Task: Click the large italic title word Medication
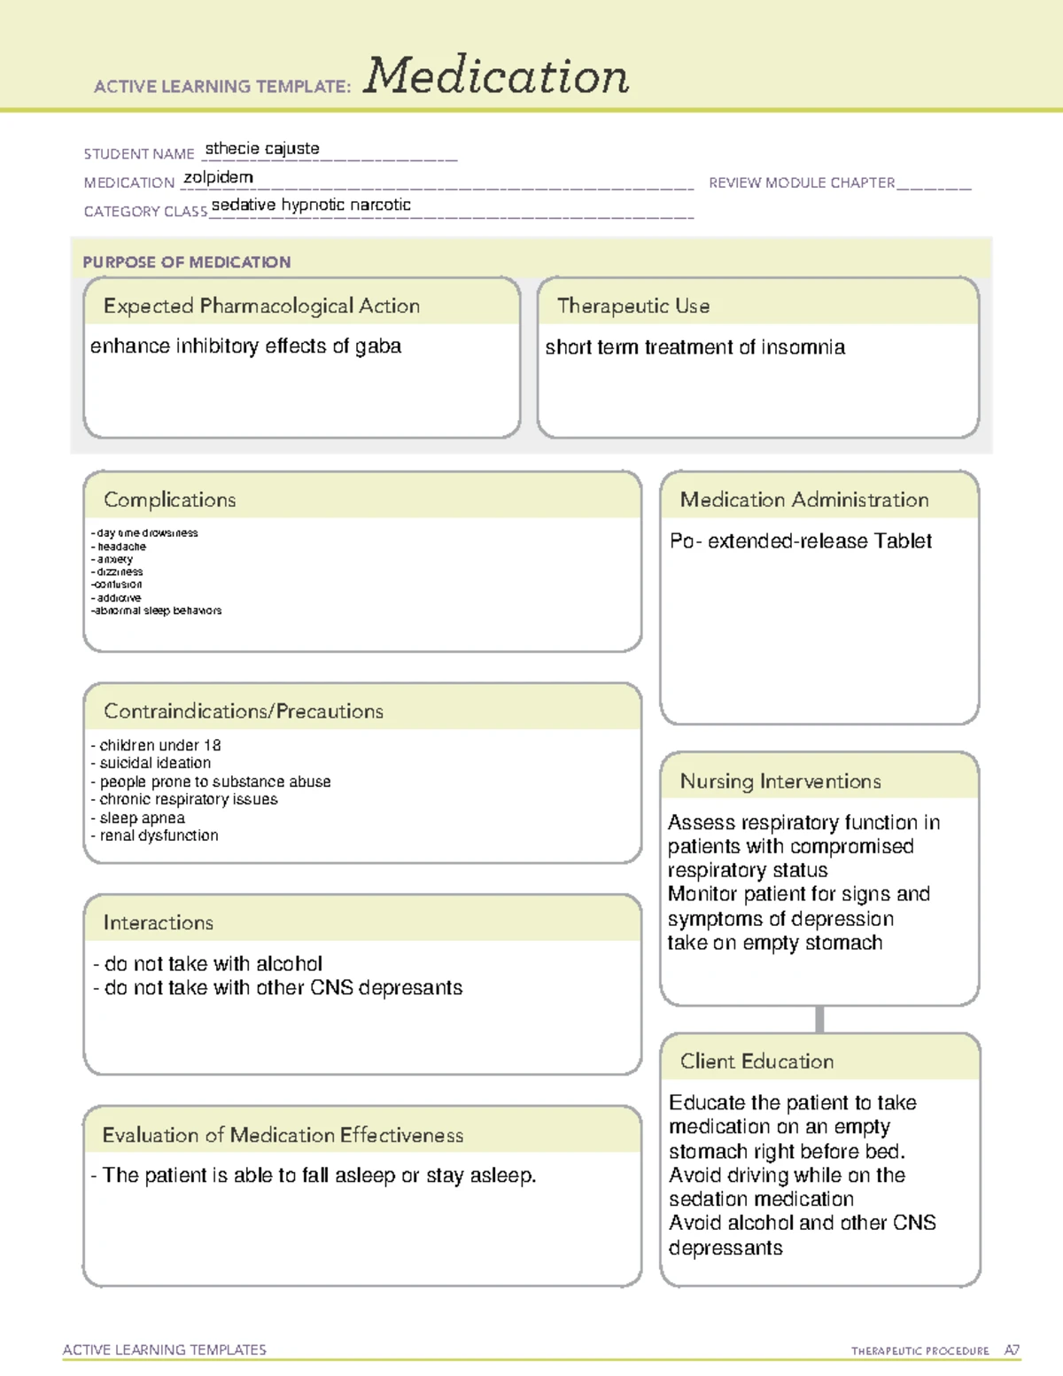pyautogui.click(x=496, y=76)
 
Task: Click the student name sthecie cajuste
pyautogui.click(x=262, y=149)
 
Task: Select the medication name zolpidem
pyautogui.click(x=218, y=177)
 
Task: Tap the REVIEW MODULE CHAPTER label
pyautogui.click(x=802, y=183)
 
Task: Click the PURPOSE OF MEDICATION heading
pyautogui.click(x=187, y=262)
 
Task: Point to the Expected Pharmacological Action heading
pyautogui.click(x=261, y=306)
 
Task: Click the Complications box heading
pyautogui.click(x=170, y=500)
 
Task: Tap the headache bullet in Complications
pyautogui.click(x=121, y=547)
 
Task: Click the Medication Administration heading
pyautogui.click(x=804, y=500)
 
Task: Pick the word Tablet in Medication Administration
pyautogui.click(x=903, y=541)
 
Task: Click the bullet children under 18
pyautogui.click(x=159, y=745)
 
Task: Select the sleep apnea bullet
pyautogui.click(x=142, y=818)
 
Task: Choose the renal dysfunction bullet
pyautogui.click(x=159, y=836)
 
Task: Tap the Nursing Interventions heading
pyautogui.click(x=780, y=781)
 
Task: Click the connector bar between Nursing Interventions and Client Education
pyautogui.click(x=819, y=1019)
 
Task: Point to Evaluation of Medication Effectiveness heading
pyautogui.click(x=283, y=1135)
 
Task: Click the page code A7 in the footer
pyautogui.click(x=1012, y=1350)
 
